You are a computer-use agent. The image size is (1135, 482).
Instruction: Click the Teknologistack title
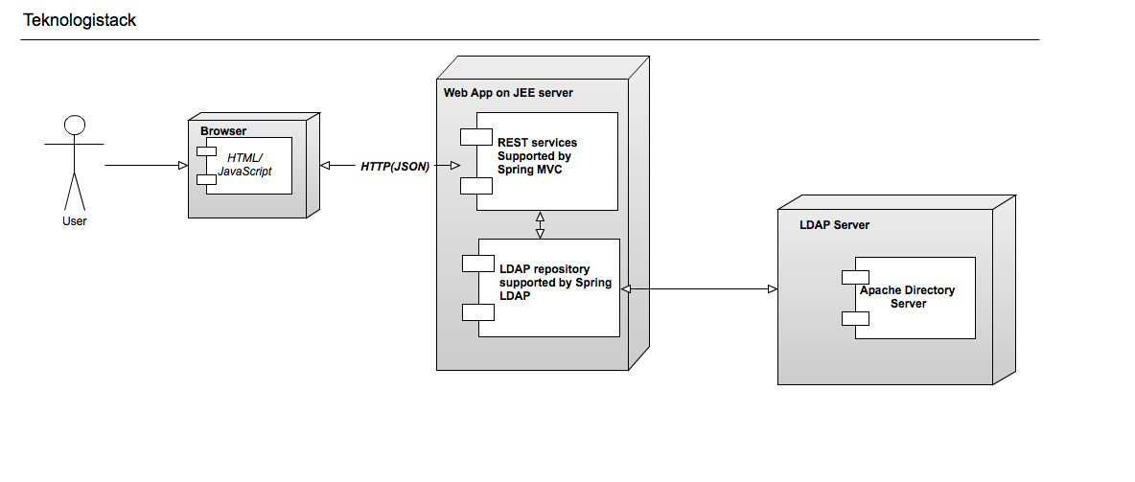tap(80, 20)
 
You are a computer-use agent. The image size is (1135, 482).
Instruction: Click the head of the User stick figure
tap(74, 125)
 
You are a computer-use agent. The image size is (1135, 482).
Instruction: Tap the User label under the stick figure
tap(74, 221)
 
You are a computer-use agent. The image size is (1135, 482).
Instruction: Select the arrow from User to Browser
tap(144, 166)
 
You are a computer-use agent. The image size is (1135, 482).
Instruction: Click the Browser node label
tap(223, 131)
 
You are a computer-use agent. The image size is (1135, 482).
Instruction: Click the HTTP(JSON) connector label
tap(395, 166)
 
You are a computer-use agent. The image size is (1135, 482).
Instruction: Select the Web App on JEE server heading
tap(508, 92)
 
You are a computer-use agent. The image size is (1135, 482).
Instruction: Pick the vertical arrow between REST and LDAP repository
tap(541, 224)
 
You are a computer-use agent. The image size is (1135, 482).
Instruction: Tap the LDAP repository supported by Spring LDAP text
tap(555, 283)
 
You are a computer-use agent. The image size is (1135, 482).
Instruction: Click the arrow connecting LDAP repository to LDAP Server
tap(699, 288)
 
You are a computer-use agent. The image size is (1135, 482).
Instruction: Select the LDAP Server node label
tap(834, 225)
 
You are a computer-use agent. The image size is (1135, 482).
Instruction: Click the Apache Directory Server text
tap(907, 296)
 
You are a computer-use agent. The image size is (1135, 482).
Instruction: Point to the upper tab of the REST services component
tap(475, 136)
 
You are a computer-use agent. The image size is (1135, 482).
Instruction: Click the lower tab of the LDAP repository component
tap(477, 311)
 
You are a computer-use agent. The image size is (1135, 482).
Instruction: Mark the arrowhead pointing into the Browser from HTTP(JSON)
tap(325, 166)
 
